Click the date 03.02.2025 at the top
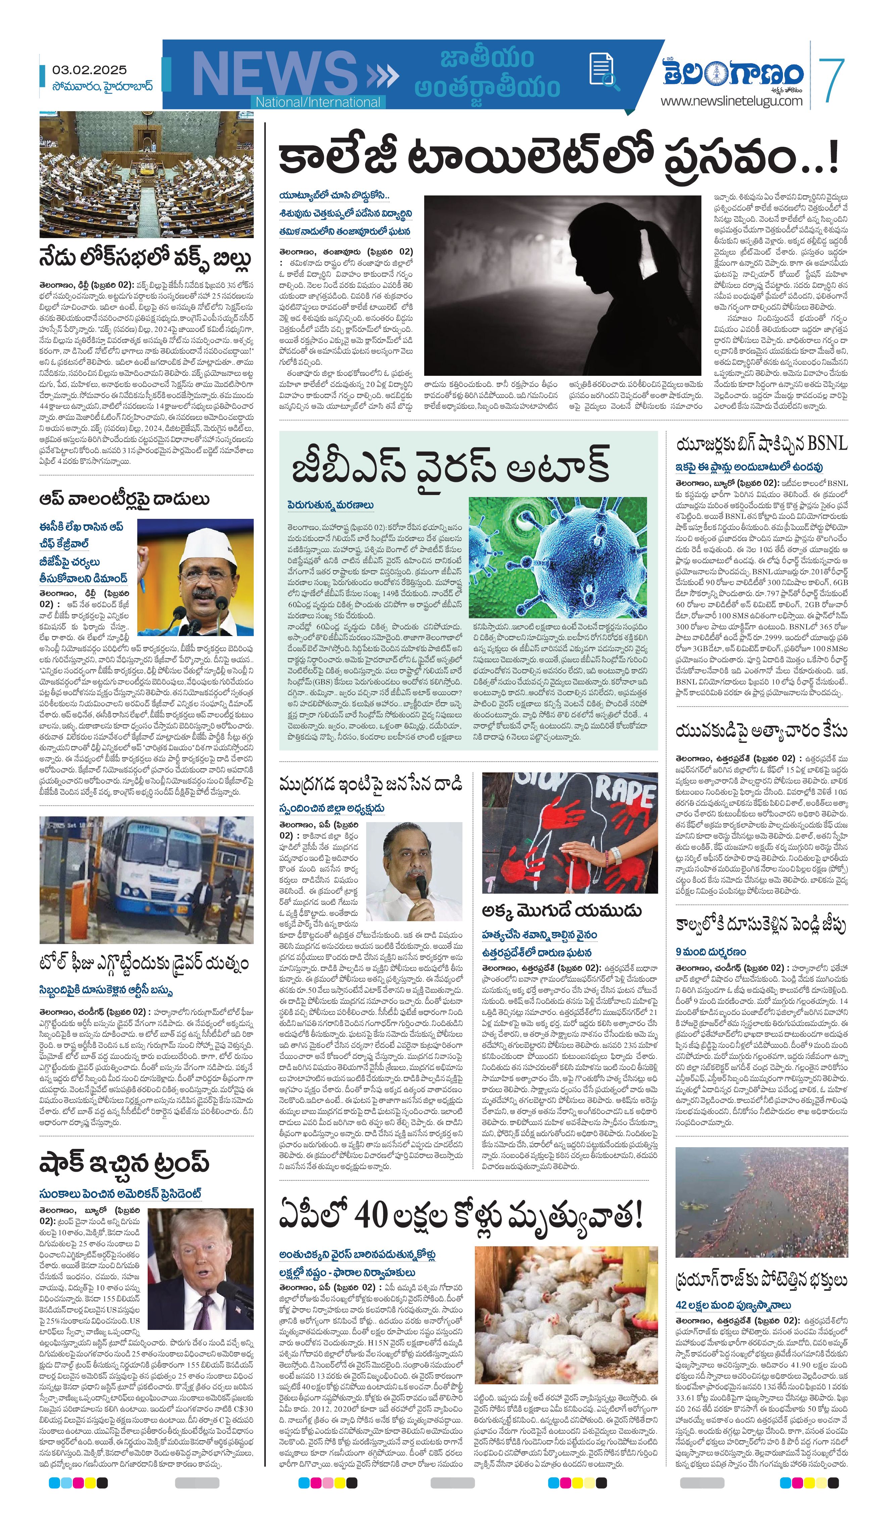(x=89, y=70)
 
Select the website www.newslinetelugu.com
(x=731, y=101)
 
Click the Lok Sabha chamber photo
(x=146, y=175)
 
